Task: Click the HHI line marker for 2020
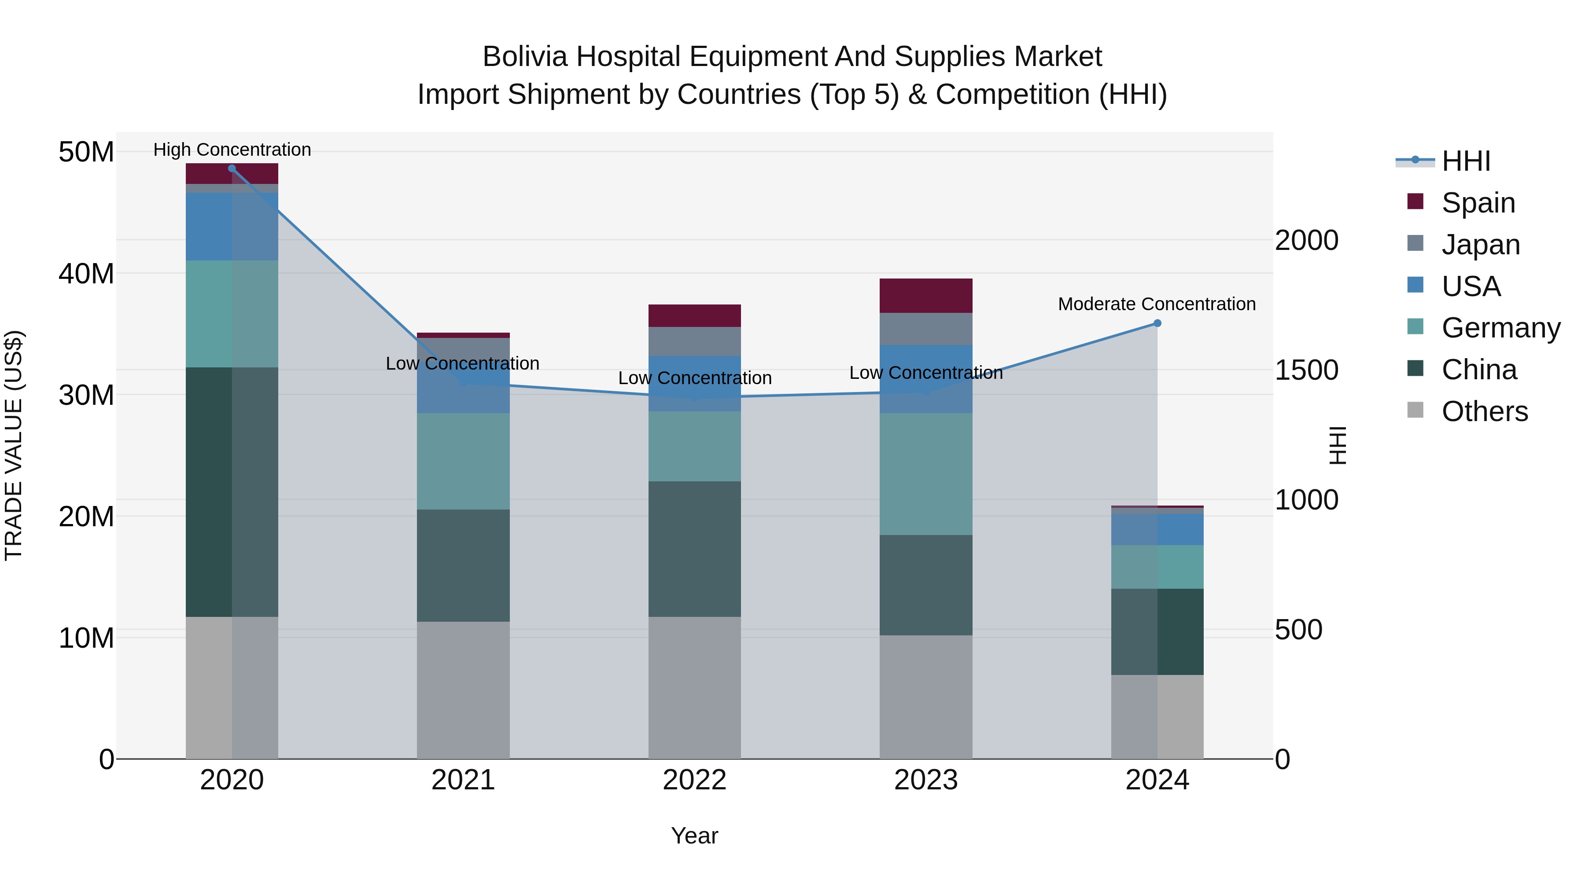tap(232, 169)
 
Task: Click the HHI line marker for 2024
tap(1157, 323)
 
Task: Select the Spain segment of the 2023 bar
tap(926, 296)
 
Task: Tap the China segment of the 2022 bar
tap(695, 549)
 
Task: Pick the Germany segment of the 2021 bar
tap(463, 461)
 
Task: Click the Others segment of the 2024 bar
tap(1157, 717)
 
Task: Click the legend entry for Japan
tap(1480, 244)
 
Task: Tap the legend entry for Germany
tap(1500, 328)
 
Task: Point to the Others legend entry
tap(1484, 411)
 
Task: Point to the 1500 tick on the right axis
tap(1306, 370)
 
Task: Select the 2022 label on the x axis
tap(695, 780)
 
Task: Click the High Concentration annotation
tap(232, 150)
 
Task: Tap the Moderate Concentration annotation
tap(1157, 304)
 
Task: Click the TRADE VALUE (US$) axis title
tap(14, 445)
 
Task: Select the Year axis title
tap(695, 836)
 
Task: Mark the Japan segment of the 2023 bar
tap(926, 329)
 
